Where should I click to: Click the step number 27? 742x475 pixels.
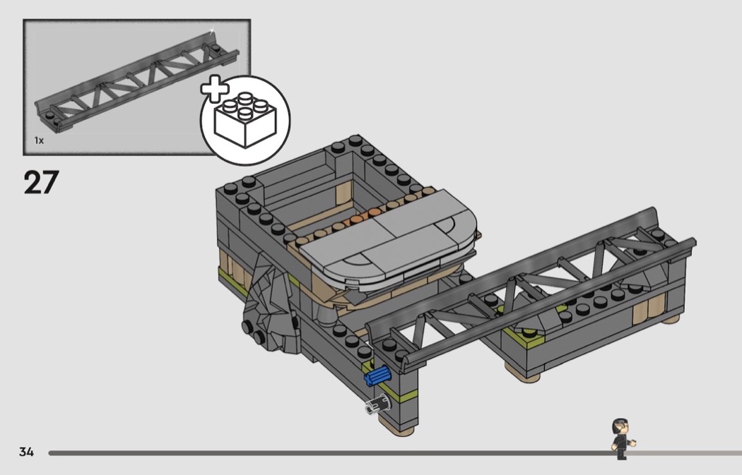41,182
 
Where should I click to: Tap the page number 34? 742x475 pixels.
27,452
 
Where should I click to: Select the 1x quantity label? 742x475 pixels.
39,140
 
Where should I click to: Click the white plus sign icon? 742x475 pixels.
215,88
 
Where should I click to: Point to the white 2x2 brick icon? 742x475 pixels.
245,119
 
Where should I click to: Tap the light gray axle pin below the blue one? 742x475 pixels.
377,405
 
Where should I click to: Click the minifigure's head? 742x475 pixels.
620,427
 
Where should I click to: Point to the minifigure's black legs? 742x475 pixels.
621,452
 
